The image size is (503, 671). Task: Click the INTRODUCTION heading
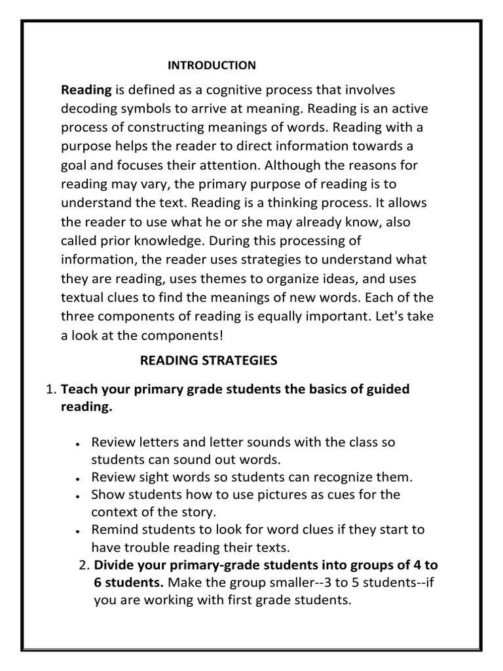point(212,65)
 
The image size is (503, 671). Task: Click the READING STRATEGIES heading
point(209,360)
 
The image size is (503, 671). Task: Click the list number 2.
point(83,566)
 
